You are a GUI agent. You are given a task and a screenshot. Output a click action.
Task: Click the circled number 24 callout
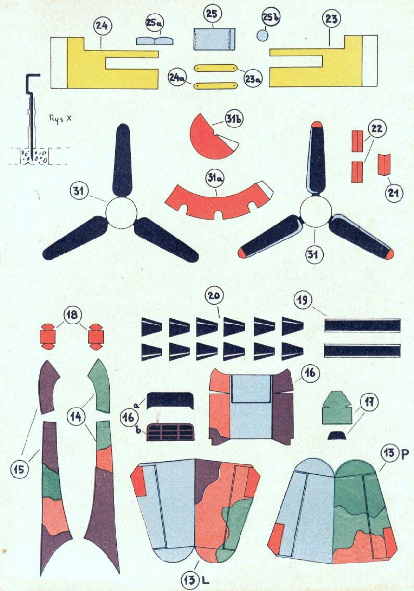click(102, 26)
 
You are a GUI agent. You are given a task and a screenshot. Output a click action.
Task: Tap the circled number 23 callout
click(332, 19)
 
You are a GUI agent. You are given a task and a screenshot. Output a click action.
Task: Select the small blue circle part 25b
click(262, 35)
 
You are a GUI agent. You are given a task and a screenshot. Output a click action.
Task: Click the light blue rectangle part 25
click(214, 39)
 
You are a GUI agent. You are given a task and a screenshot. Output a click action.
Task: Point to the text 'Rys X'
click(60, 117)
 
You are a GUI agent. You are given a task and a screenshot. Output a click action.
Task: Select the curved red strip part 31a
click(217, 200)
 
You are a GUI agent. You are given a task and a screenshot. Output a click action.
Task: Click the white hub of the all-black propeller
click(121, 212)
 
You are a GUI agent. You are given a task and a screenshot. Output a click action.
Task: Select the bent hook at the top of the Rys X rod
click(33, 77)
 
